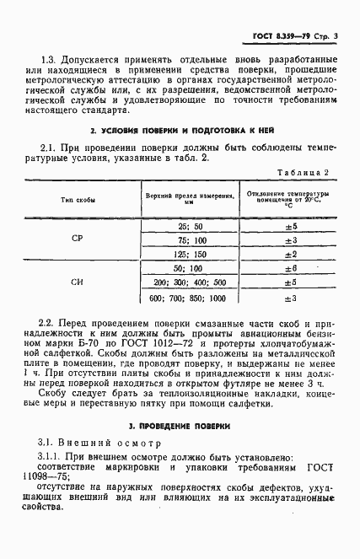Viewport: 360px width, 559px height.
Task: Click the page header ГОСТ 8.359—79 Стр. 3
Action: (x=289, y=36)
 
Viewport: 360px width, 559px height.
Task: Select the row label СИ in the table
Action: (x=78, y=282)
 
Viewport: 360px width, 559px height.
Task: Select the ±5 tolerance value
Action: (x=288, y=227)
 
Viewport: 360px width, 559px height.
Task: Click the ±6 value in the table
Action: (x=288, y=267)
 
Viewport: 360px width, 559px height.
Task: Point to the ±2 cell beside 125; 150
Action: (x=288, y=254)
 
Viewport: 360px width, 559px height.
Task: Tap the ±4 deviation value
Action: (x=288, y=282)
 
